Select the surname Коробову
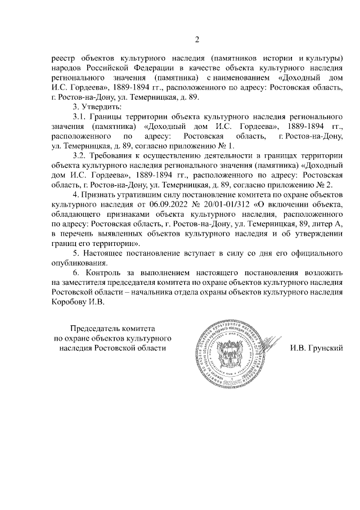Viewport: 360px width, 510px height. click(70, 302)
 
